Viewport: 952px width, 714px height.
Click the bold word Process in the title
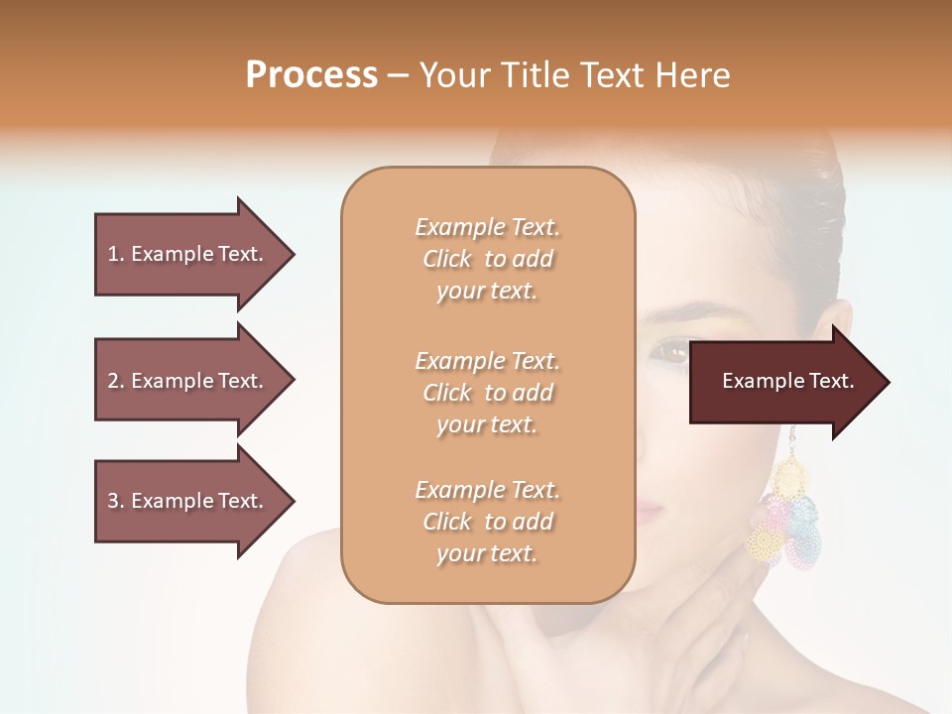[311, 75]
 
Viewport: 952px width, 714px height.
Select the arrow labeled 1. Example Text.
[193, 254]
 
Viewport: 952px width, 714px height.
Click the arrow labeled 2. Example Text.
[193, 381]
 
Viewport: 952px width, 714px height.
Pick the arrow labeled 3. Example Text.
[193, 501]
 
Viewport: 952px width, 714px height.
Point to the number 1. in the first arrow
[116, 254]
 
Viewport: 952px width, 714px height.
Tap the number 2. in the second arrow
[116, 381]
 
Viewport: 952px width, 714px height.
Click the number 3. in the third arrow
[116, 501]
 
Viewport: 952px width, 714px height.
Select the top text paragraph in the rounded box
[487, 259]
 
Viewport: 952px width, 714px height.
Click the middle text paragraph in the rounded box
[487, 393]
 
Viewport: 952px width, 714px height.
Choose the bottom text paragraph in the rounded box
[487, 522]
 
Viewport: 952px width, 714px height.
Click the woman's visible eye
[671, 351]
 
